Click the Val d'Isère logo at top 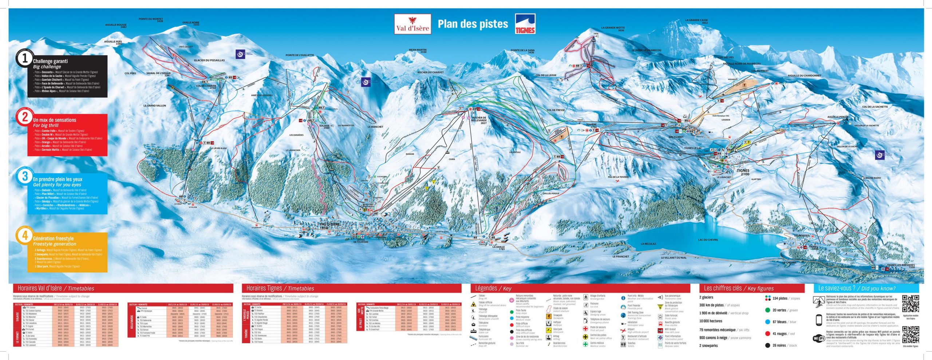pos(412,24)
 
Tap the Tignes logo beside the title pos(525,24)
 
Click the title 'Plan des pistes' pos(473,24)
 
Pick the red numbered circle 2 pos(25,117)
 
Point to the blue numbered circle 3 pos(25,176)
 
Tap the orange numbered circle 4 pos(25,236)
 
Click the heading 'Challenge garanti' pos(50,61)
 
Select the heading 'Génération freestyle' pos(53,238)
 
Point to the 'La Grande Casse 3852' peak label pos(696,21)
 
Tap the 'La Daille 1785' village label pos(498,248)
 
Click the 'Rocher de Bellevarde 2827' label pos(479,120)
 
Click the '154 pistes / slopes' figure pos(786,298)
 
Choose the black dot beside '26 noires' pos(767,345)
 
